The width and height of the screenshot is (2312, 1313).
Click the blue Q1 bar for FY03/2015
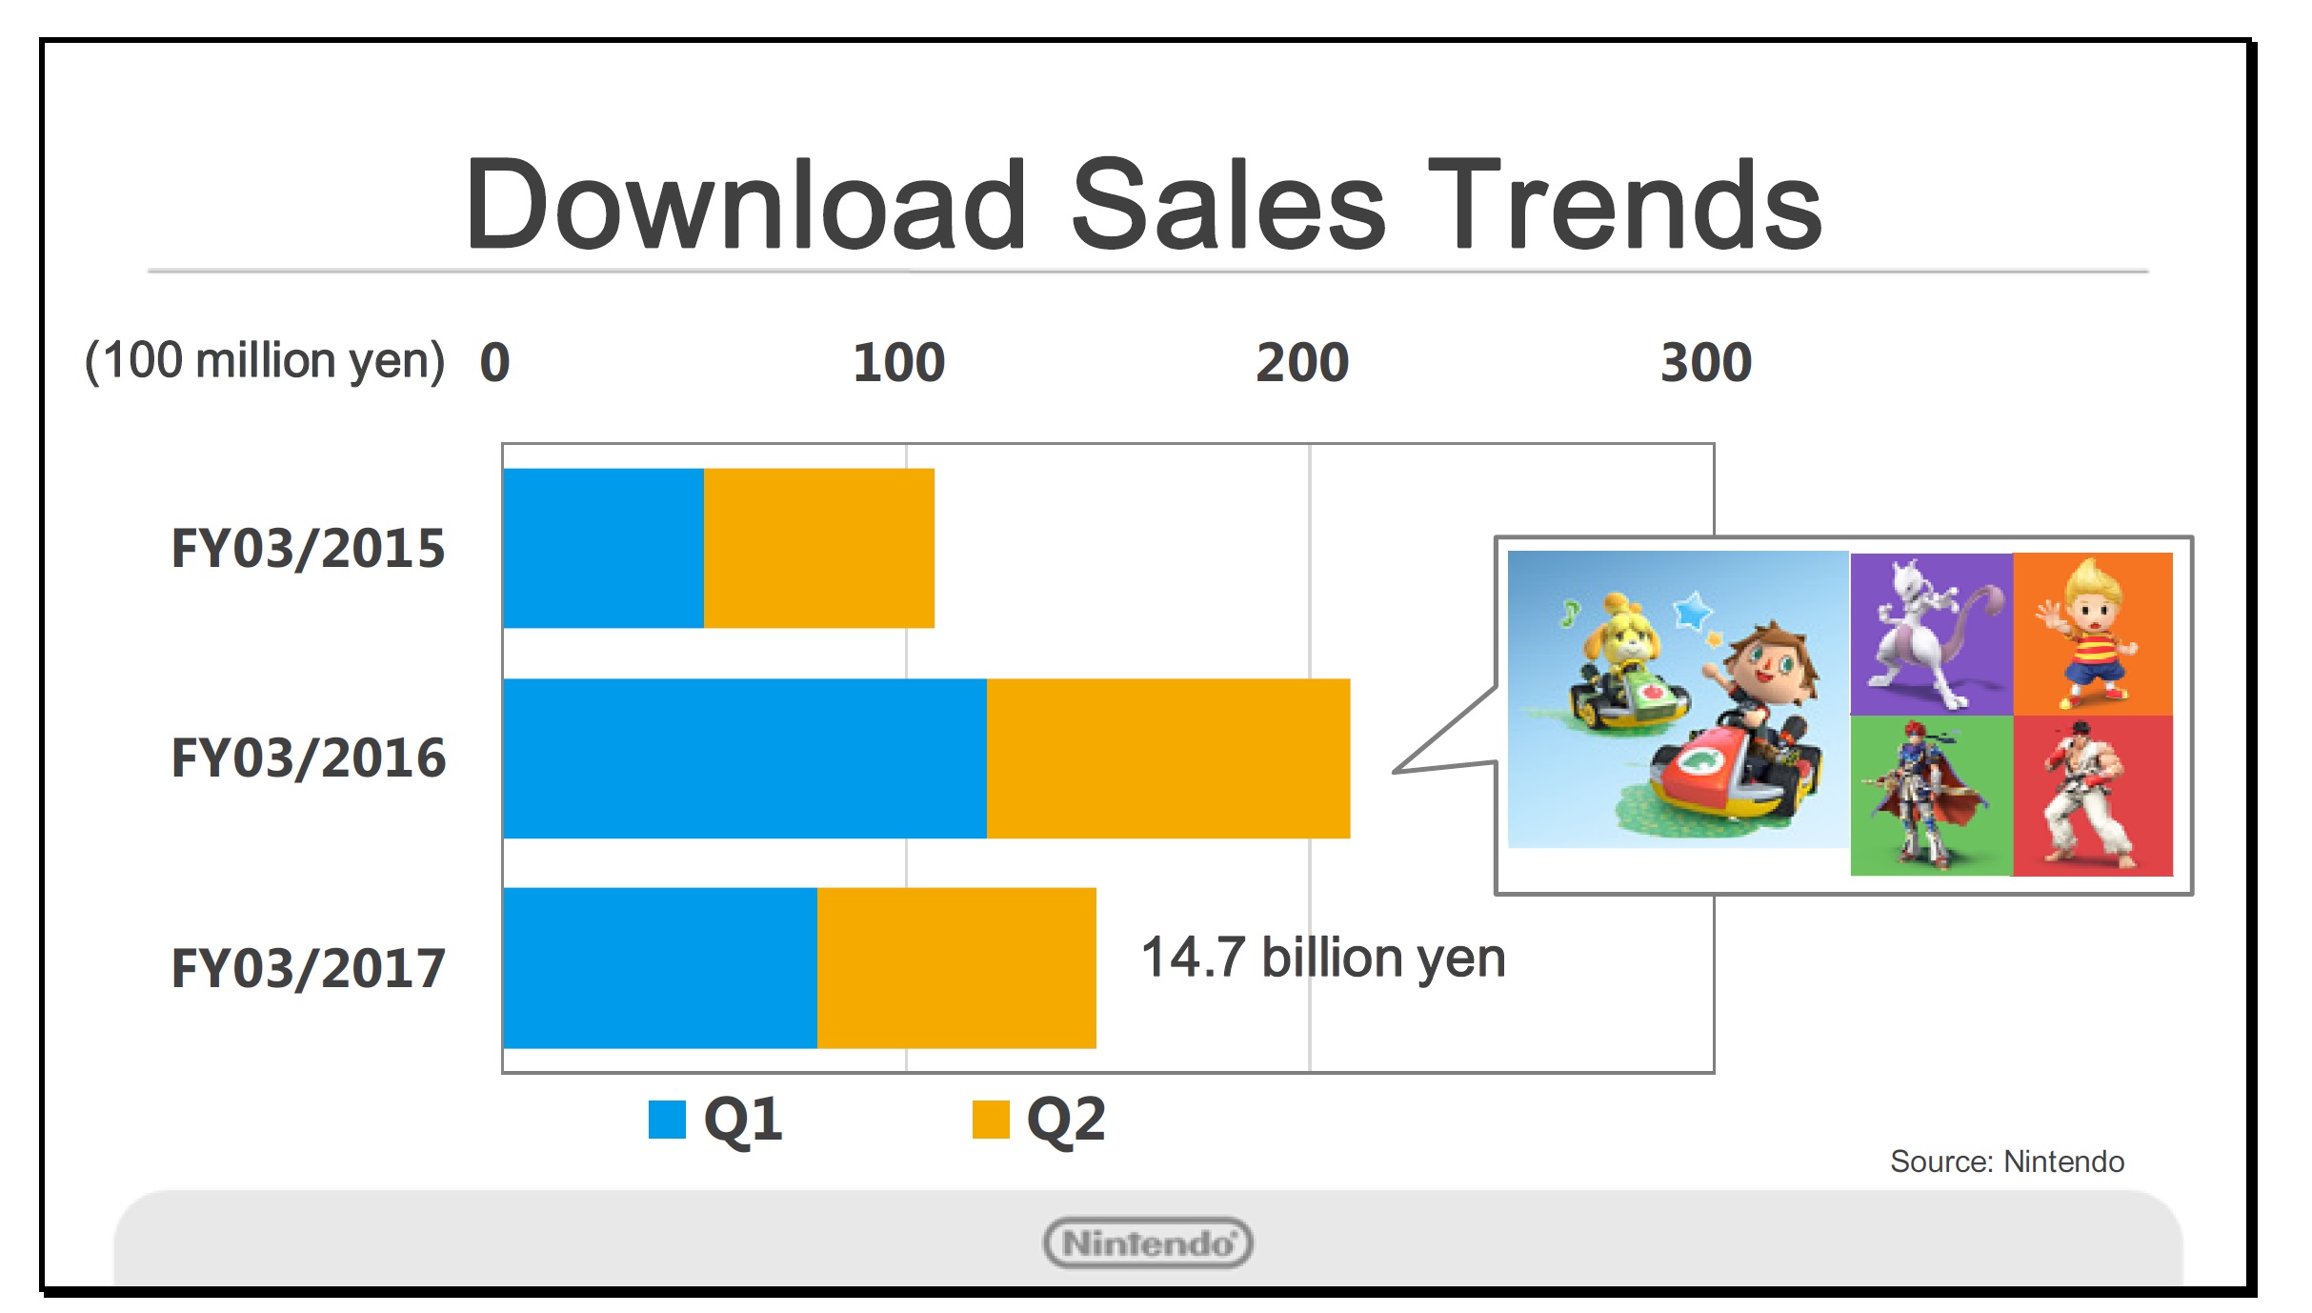tap(604, 548)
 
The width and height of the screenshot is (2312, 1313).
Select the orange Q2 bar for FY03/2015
tap(819, 548)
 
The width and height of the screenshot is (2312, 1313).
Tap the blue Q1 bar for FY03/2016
tap(745, 758)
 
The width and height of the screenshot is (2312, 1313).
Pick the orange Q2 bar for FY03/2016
tap(1169, 758)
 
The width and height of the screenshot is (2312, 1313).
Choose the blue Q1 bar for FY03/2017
tap(660, 968)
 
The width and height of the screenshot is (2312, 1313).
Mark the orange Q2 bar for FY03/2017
tap(956, 968)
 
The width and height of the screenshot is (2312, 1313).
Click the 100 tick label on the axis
tap(898, 363)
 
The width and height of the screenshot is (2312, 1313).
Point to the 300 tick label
tap(1706, 363)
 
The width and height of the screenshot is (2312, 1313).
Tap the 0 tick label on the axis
tap(495, 363)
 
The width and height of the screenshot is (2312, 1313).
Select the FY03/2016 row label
tap(308, 758)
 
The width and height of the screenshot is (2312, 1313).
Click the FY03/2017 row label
tap(308, 968)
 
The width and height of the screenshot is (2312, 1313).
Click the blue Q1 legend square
tap(667, 1120)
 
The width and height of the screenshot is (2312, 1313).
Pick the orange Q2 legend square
tap(991, 1120)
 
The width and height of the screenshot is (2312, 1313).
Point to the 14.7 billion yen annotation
tap(1323, 959)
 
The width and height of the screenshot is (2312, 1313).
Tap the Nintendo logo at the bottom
tap(1148, 1242)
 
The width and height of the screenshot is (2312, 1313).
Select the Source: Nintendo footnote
tap(2007, 1161)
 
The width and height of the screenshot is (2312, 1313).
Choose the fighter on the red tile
tap(2090, 797)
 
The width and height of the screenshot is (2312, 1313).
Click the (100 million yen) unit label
tap(265, 362)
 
